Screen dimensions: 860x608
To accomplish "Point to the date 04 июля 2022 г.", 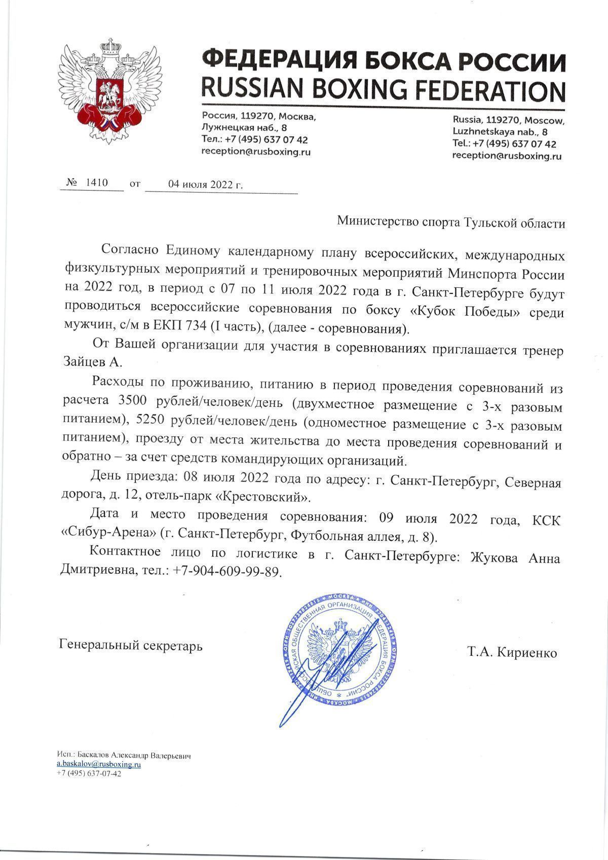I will [205, 184].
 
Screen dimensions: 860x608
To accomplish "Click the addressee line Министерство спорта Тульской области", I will [450, 223].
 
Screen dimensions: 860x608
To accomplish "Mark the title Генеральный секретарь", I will [131, 646].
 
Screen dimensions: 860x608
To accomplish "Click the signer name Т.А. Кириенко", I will [512, 653].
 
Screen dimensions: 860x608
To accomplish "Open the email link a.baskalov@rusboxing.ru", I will [98, 765].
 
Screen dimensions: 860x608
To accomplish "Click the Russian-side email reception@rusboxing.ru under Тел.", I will [256, 152].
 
